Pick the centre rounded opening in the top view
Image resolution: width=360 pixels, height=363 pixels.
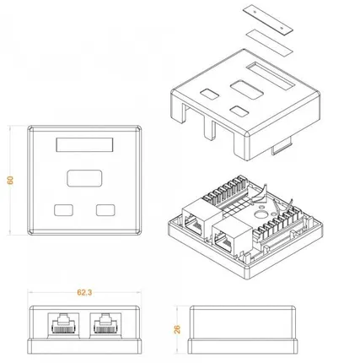[x=83, y=179]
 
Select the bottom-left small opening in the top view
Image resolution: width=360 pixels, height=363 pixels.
[x=62, y=209]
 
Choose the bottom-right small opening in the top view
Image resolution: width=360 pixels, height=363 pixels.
[x=105, y=209]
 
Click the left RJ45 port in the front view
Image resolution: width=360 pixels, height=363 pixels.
[x=62, y=324]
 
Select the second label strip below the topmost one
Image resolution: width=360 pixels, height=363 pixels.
[x=268, y=35]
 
